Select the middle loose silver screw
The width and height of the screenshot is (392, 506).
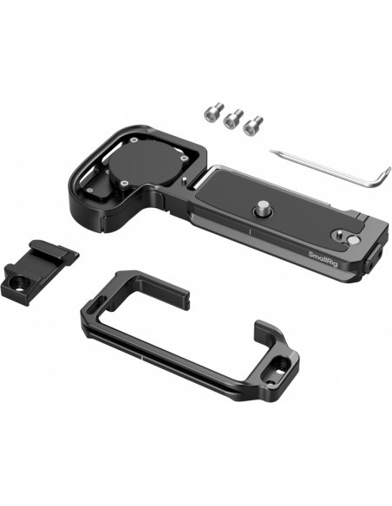pos(233,119)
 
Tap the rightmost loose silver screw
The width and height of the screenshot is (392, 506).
pos(253,126)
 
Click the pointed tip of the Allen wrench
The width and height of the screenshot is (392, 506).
pos(271,151)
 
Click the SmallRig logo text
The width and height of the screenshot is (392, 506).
pos(323,259)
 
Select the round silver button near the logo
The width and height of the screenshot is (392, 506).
pos(355,240)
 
